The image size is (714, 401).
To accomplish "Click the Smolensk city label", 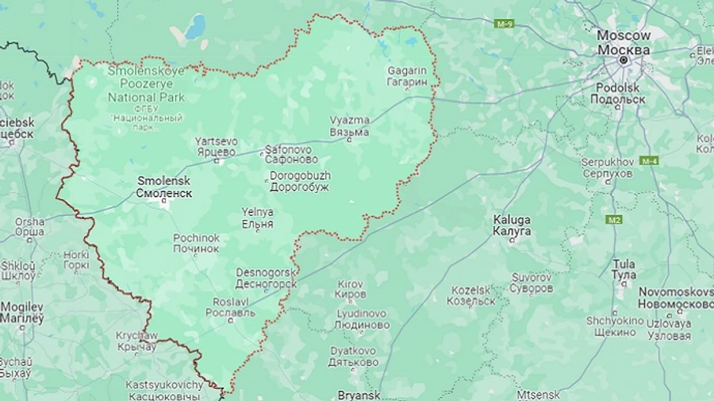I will [x=164, y=187].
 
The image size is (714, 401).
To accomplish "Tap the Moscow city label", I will [x=624, y=43].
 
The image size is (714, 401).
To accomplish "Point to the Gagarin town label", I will [x=407, y=76].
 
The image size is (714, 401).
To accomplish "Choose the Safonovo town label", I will [x=288, y=154].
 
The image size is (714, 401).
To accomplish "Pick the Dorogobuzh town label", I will [x=299, y=181].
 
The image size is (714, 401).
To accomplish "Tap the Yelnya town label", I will [x=257, y=218].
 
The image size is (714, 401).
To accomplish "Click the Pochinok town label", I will [x=196, y=243].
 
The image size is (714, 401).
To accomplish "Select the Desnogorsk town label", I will [x=266, y=278].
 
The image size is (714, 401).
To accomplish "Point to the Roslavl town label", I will [x=230, y=307].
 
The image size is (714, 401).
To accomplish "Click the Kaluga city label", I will [x=512, y=225].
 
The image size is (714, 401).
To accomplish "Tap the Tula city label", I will [x=624, y=268].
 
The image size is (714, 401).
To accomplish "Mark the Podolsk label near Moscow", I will [x=617, y=93].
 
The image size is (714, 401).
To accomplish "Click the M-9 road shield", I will [x=505, y=24].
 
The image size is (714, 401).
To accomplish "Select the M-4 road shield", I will [x=649, y=160].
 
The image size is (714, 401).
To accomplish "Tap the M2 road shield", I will [x=613, y=219].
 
